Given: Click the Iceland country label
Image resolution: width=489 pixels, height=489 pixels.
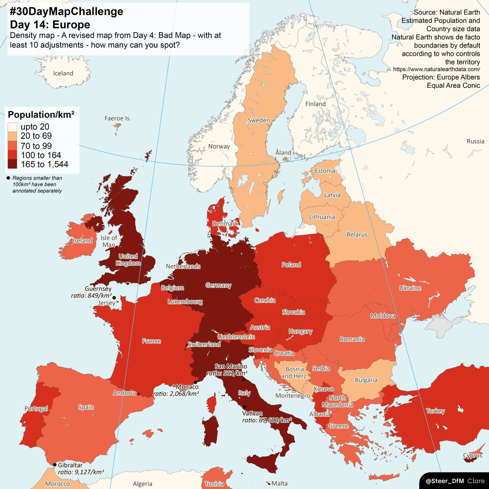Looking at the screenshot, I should pos(63,73).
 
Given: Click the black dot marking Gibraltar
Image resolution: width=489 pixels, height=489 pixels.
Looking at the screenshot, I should pos(55,465).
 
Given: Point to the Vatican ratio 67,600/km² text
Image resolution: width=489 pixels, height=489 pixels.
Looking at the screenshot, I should pos(267,420).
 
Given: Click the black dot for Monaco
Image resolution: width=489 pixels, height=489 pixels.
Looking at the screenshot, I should pos(196,382).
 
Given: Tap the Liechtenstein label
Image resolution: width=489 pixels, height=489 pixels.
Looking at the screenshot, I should pos(236,337).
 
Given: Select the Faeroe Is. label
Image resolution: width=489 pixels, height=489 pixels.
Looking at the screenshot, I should pos(118,118).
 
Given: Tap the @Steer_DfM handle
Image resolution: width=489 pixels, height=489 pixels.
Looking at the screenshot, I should pos(445,481).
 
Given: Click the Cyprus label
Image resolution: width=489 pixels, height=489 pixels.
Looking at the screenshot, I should pos(473,456).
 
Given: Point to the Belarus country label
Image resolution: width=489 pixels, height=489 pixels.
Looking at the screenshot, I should pos(357,235).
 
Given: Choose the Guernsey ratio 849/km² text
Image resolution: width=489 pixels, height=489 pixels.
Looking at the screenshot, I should pos(91,296).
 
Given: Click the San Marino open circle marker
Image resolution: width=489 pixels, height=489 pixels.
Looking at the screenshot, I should pos(244,380).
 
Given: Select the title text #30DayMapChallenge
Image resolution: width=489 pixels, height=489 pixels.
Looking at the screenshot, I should pos(66,12).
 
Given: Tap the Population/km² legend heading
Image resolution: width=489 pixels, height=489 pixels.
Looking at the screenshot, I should pos(41,115).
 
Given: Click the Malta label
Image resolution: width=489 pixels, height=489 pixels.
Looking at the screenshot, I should pos(279,484).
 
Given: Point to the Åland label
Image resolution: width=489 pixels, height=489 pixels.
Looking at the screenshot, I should pos(283,152).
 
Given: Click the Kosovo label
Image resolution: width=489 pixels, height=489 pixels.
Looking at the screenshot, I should pos(324,389).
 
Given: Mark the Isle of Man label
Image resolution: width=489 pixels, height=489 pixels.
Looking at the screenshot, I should pos(108,241).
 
